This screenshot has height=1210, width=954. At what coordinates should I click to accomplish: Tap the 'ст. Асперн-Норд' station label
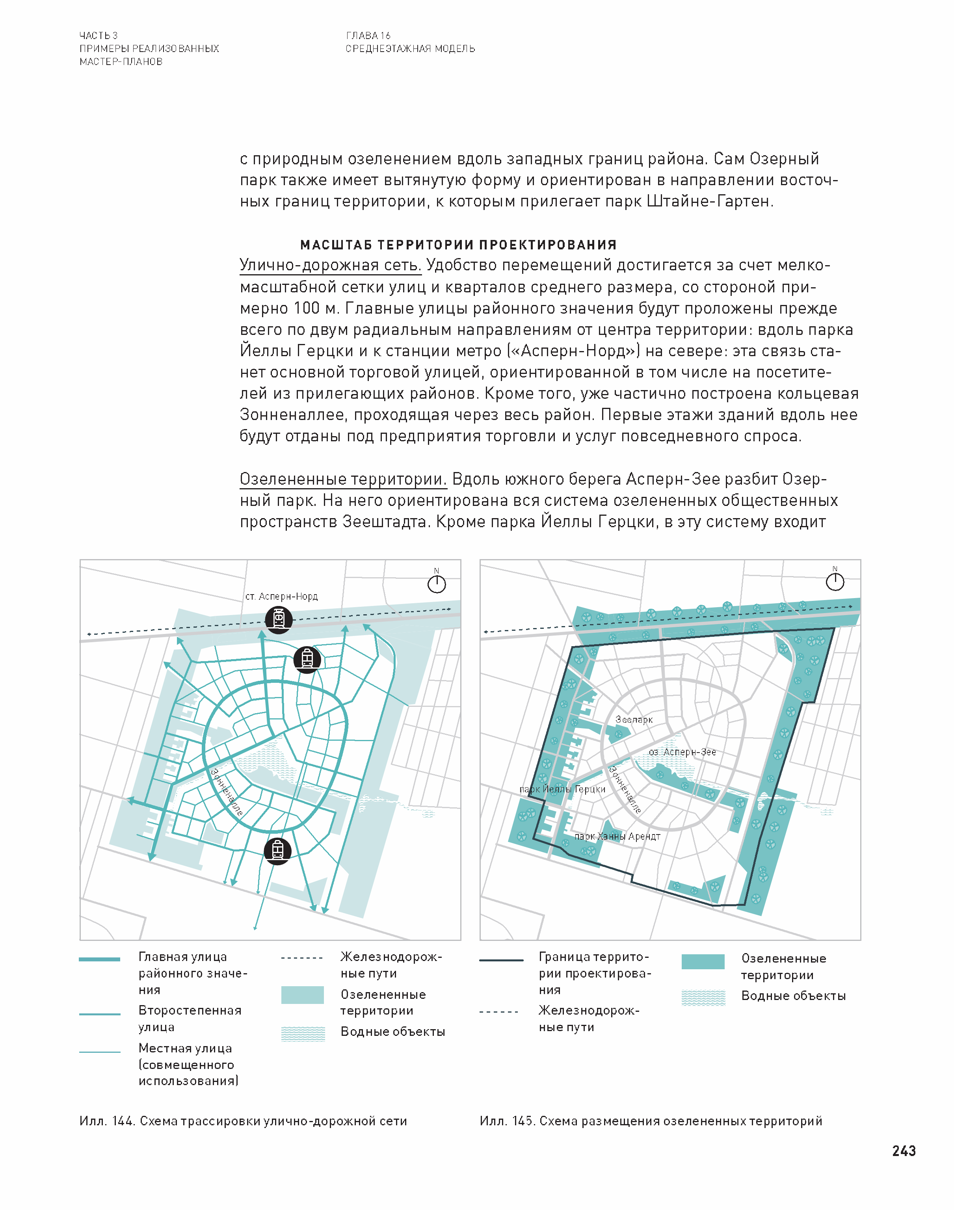point(281,597)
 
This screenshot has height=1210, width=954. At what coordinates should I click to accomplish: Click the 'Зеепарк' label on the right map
point(634,720)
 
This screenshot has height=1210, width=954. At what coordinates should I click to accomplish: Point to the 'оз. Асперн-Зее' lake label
point(682,752)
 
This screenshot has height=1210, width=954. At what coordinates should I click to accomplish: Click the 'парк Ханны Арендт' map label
point(617,836)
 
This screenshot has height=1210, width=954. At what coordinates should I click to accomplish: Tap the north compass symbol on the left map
point(436,584)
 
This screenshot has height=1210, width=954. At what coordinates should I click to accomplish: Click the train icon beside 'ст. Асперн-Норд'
point(278,619)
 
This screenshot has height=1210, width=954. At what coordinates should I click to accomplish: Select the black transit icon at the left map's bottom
point(277,851)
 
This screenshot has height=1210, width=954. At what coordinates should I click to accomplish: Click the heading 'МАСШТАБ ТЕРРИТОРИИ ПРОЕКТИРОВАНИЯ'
point(458,245)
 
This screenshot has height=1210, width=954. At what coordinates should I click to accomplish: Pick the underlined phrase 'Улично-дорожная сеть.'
point(331,265)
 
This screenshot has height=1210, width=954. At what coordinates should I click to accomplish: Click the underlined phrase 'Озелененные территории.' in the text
point(343,479)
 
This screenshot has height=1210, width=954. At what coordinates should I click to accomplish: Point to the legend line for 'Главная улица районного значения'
point(99,959)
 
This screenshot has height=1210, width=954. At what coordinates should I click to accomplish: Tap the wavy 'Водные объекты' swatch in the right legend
point(703,998)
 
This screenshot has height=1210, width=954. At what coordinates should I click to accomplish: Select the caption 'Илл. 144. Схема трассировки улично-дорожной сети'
point(243,1121)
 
